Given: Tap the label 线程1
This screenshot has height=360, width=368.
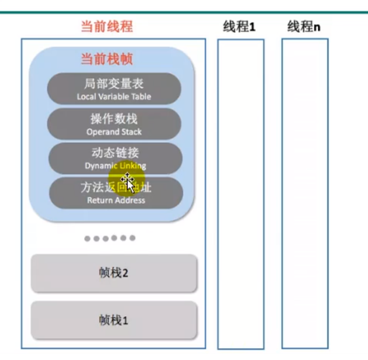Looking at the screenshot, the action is coord(239,27).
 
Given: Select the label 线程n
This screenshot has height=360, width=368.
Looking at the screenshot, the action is coord(304,27).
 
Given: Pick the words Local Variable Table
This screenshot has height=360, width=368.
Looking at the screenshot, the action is coord(114,96).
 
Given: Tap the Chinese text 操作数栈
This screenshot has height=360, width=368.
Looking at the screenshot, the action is coord(114,119).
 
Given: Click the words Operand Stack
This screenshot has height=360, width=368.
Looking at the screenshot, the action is coord(114,131).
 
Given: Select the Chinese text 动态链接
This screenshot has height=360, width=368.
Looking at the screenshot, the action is coord(115,153).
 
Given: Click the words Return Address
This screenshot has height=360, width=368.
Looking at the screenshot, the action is coord(116,200).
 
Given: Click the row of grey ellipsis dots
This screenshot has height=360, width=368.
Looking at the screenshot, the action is coord(110,238).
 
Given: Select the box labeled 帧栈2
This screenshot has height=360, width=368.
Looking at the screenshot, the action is coord(114,273).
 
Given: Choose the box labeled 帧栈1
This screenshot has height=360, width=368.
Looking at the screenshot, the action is coord(114,320).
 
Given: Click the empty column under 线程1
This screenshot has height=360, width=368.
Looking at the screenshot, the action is coord(240,193).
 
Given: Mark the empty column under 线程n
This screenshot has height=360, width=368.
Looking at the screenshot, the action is coord(304,193).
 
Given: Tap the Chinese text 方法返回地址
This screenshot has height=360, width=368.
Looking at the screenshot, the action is coord(116,188).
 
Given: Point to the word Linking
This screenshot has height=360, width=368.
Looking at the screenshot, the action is coord(132,166).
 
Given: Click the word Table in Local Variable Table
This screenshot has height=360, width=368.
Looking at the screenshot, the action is coord(141,96).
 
